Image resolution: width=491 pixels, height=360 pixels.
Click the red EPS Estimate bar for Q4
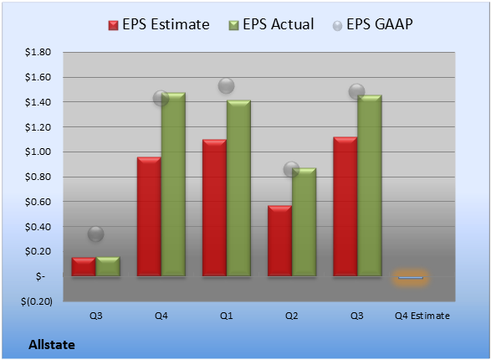click(x=149, y=217)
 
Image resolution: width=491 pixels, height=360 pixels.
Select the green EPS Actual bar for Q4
click(x=173, y=184)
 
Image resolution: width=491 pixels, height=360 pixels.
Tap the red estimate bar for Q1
click(x=214, y=208)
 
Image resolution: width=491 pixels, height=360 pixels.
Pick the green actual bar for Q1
click(x=238, y=188)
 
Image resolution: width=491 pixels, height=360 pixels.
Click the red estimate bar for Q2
click(x=280, y=240)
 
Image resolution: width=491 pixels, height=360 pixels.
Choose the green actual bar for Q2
click(x=304, y=222)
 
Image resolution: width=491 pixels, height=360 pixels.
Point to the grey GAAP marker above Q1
click(x=226, y=85)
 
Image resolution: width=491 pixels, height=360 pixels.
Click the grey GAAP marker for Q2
click(x=292, y=169)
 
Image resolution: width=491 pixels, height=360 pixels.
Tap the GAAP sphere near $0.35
click(x=96, y=234)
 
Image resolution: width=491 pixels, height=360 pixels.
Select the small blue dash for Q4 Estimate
click(x=411, y=278)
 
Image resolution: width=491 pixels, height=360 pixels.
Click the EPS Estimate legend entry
click(x=159, y=24)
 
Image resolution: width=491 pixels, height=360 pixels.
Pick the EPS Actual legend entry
click(x=271, y=24)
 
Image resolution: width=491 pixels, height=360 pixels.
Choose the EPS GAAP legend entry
click(x=372, y=24)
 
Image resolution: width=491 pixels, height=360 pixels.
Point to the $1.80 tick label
click(x=38, y=52)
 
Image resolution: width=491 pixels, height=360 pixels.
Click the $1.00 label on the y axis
click(x=38, y=152)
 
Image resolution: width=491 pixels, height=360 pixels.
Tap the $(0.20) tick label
click(x=37, y=301)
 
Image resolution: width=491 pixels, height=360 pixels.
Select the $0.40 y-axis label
click(x=38, y=227)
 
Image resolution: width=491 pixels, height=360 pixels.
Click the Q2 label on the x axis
click(x=292, y=316)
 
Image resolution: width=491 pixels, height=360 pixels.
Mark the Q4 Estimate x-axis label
click(x=422, y=316)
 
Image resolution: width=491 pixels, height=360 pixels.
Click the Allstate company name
click(x=52, y=345)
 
